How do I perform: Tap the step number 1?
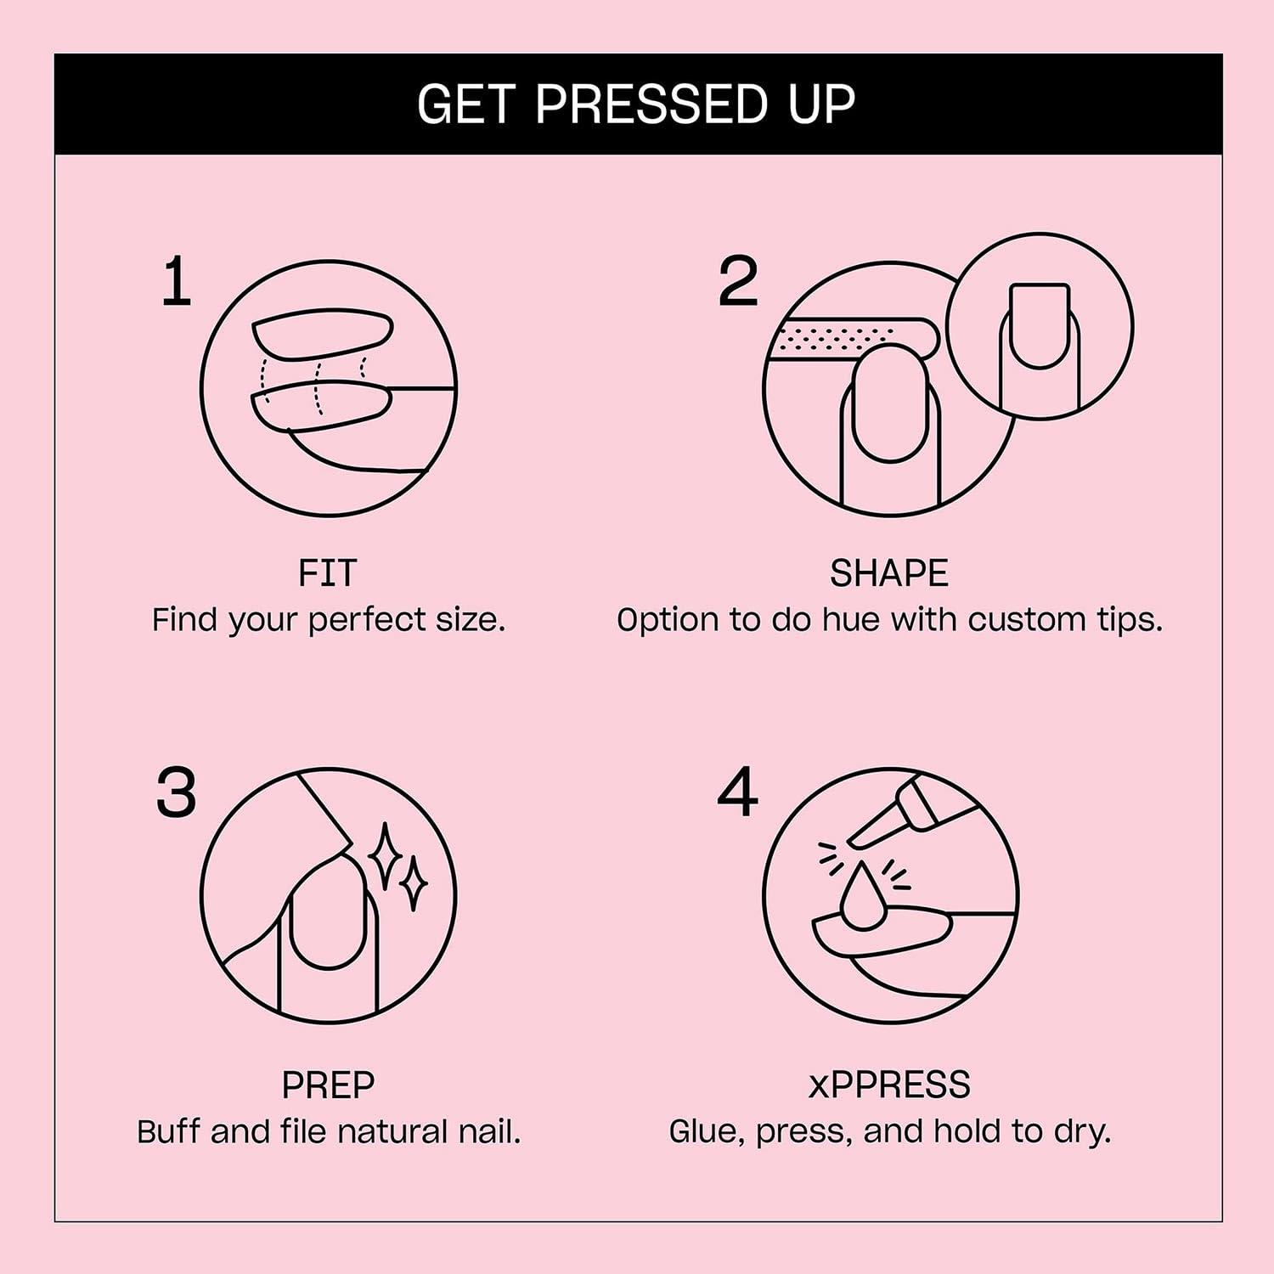click(177, 282)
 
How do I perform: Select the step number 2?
click(737, 282)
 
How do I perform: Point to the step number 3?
click(177, 793)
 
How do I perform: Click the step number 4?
click(737, 793)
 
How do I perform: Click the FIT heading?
click(328, 573)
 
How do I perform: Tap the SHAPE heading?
click(888, 573)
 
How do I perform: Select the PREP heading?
click(328, 1085)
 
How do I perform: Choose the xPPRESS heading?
click(888, 1085)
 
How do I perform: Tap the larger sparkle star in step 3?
click(385, 855)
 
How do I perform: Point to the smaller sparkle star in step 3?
click(414, 884)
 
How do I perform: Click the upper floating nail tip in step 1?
click(323, 333)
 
